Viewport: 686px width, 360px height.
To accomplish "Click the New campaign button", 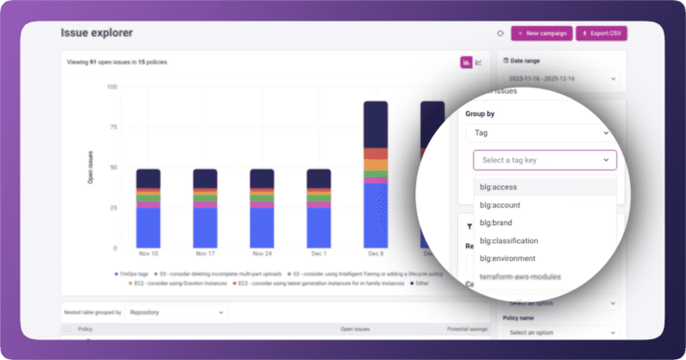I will click(541, 33).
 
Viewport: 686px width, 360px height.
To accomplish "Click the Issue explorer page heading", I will click(96, 33).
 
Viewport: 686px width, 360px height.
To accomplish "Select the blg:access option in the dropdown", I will click(499, 187).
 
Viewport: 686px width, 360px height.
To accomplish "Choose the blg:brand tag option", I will click(498, 223).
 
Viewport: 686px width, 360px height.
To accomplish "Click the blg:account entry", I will click(500, 205).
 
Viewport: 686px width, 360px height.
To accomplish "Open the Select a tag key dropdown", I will click(545, 160).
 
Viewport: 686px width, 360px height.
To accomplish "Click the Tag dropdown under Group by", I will click(536, 132).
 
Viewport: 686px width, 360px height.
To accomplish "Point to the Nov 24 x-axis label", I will click(262, 255).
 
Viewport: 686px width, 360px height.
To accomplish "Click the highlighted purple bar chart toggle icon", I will click(465, 62).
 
